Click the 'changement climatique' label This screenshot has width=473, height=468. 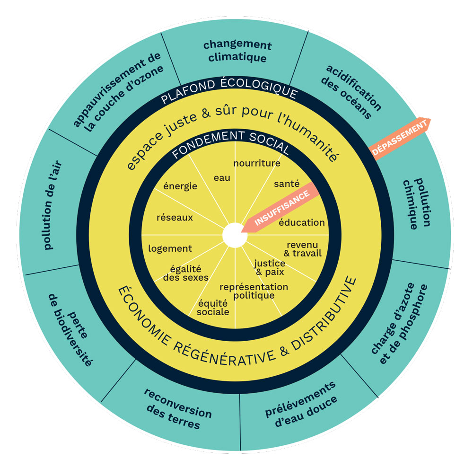click(x=237, y=52)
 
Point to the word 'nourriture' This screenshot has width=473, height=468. click(x=257, y=163)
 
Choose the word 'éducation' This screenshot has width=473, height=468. click(x=301, y=222)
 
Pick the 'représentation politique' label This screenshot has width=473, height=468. click(x=254, y=291)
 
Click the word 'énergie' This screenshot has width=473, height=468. click(x=180, y=186)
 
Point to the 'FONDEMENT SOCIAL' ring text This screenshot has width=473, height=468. click(x=230, y=143)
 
